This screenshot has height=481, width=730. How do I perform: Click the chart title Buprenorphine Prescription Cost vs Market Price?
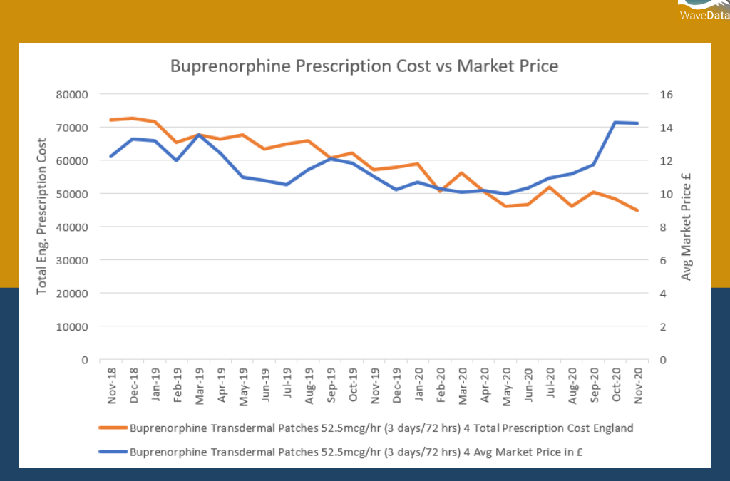[364, 66]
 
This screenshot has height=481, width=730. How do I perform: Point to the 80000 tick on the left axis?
[73, 95]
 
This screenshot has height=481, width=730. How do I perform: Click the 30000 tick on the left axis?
[73, 260]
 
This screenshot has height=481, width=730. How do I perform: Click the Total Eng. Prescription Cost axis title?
[42, 216]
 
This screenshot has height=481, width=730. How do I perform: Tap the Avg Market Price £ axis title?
[687, 225]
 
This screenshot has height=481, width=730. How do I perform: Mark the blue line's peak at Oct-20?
[615, 123]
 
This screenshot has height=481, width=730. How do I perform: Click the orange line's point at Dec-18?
[133, 118]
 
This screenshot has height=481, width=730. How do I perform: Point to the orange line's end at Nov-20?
[637, 210]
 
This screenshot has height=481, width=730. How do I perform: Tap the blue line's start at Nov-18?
[111, 156]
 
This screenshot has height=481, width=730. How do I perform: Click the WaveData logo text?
[704, 14]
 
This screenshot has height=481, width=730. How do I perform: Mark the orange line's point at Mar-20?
[462, 173]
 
